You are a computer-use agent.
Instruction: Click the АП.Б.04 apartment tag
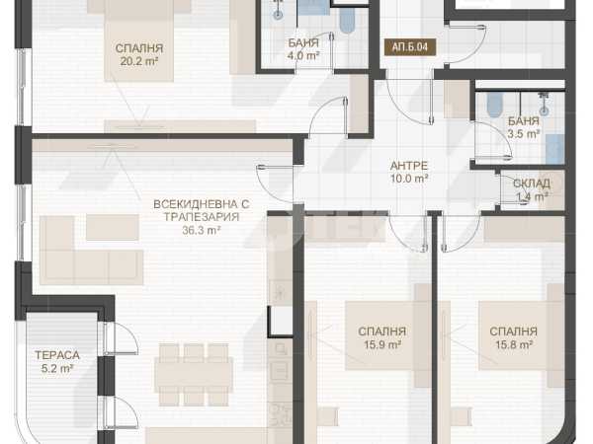click(410, 47)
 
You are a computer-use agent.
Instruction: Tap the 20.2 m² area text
click(138, 61)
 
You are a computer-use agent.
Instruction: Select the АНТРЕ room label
click(409, 166)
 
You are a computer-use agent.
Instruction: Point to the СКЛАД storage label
click(532, 184)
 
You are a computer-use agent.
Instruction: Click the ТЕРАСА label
click(57, 355)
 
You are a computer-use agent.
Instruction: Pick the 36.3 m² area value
click(202, 230)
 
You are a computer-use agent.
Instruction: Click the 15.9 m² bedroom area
click(382, 344)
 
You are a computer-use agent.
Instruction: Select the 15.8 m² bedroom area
click(514, 344)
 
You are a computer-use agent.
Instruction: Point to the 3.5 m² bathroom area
click(524, 133)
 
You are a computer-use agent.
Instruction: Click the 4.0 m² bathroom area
click(303, 56)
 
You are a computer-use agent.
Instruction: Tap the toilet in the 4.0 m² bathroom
click(347, 21)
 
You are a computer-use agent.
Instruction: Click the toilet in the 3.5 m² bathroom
click(494, 105)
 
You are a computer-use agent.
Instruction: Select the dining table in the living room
click(194, 375)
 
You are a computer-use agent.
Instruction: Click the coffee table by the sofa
click(113, 227)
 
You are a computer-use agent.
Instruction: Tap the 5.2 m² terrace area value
click(57, 368)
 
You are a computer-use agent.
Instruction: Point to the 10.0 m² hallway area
click(409, 179)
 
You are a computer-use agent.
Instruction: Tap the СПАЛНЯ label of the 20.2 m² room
click(139, 48)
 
